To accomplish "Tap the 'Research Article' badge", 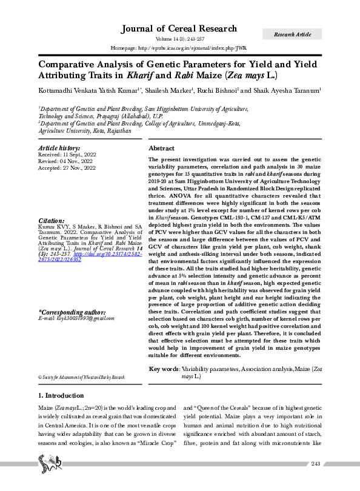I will pos(293,35).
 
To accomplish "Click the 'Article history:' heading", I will pos(59,148).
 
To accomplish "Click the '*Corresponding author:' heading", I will pos(72,312).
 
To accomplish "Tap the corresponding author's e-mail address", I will pos(76,318).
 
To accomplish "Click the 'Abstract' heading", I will pos(162,149).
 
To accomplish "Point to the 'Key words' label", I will pos(163,369).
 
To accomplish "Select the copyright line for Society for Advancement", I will pos(81,377).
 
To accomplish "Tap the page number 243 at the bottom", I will pos(315,464).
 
